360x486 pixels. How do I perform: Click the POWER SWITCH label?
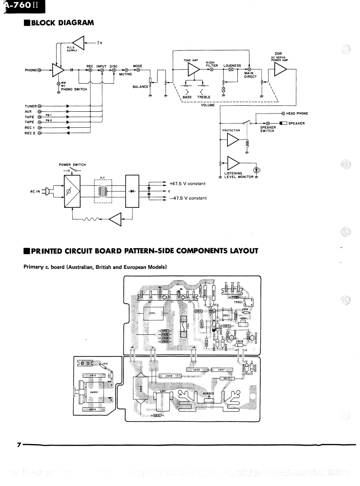72,165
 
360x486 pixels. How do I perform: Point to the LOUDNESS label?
232,66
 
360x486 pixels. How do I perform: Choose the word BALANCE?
140,86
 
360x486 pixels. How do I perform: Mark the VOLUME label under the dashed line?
208,105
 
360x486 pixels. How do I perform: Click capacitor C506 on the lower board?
169,376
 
